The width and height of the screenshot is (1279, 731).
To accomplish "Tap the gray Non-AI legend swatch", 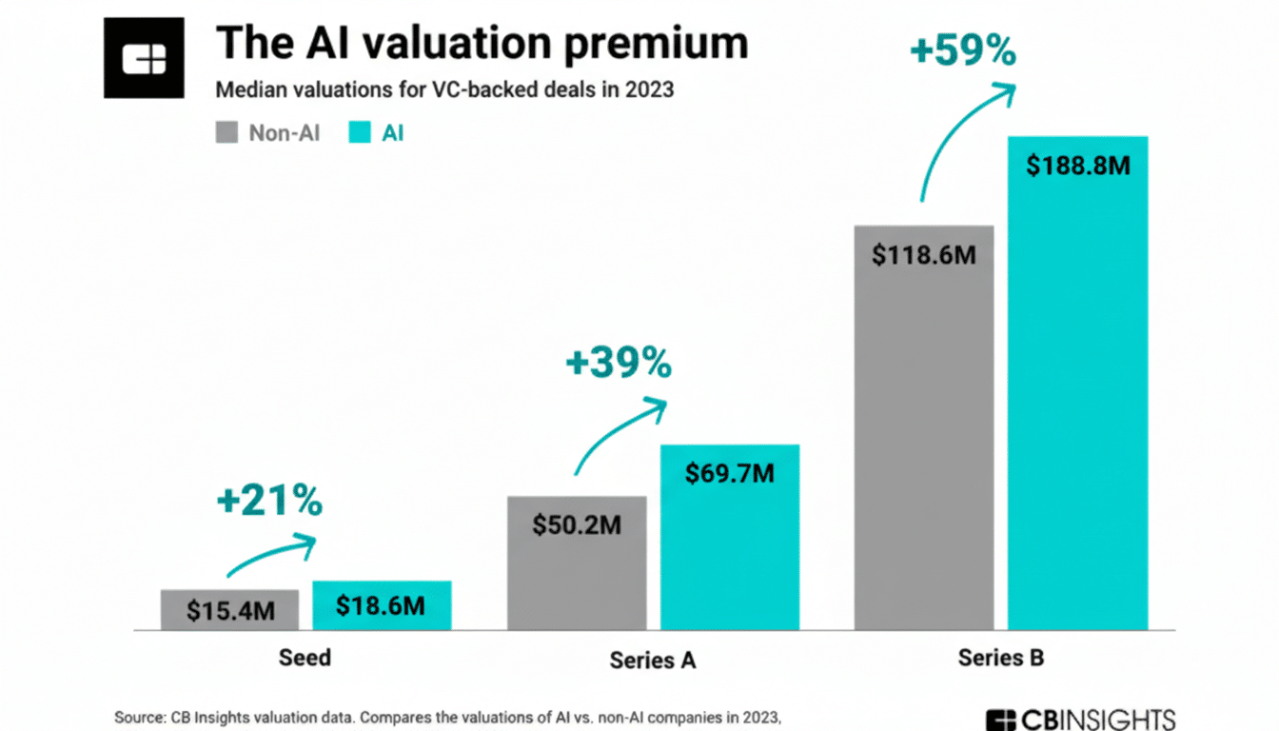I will pos(226,133).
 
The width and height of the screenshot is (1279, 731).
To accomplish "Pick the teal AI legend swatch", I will pos(361,133).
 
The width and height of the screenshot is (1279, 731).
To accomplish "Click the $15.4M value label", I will pos(230,610).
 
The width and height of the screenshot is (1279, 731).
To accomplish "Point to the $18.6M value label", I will pos(381,606).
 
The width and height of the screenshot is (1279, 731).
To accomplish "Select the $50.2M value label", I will pos(577,524).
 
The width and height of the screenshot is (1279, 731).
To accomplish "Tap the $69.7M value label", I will pos(730,472).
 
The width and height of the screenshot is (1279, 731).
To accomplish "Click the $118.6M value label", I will pos(924,254).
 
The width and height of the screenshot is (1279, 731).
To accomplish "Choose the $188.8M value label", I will pos(1078,165).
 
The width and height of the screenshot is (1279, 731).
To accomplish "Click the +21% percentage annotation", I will pos(270,501).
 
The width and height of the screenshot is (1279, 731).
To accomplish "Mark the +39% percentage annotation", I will pos(618,364).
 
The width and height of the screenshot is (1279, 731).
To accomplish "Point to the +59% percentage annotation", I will pos(963,50).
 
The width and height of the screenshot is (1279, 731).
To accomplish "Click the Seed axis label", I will pos(305,657).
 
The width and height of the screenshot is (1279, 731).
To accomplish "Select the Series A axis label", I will pos(652,660).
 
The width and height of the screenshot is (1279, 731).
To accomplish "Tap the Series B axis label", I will pos(1000,658).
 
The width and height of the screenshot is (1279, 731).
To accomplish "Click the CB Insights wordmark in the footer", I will pos(1081,719).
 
